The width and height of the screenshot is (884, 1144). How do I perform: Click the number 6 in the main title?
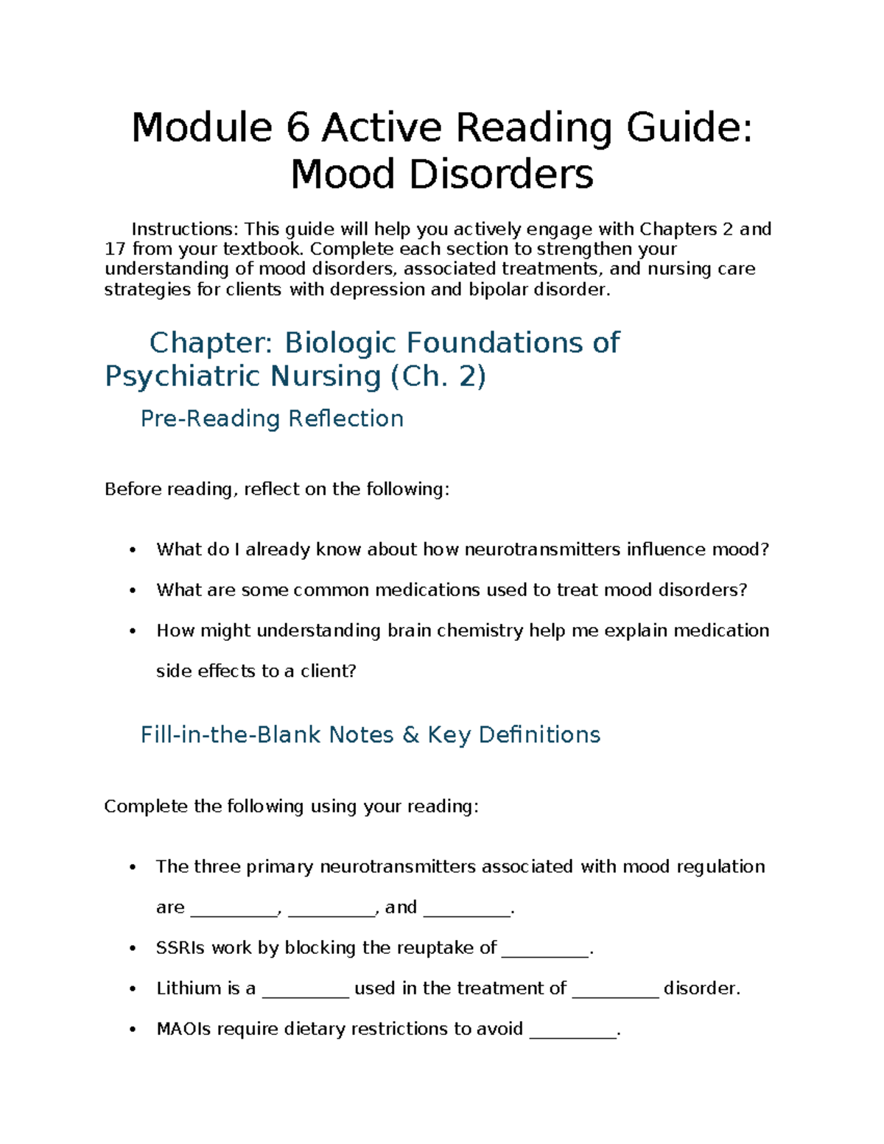(297, 127)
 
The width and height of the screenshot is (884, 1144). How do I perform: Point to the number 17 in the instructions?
(115, 249)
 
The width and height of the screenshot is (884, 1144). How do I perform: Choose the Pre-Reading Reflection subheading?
(272, 418)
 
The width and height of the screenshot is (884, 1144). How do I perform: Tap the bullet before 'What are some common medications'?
(133, 591)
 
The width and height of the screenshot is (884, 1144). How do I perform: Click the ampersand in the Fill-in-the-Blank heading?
(411, 734)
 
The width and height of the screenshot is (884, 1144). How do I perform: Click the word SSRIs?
(181, 948)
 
